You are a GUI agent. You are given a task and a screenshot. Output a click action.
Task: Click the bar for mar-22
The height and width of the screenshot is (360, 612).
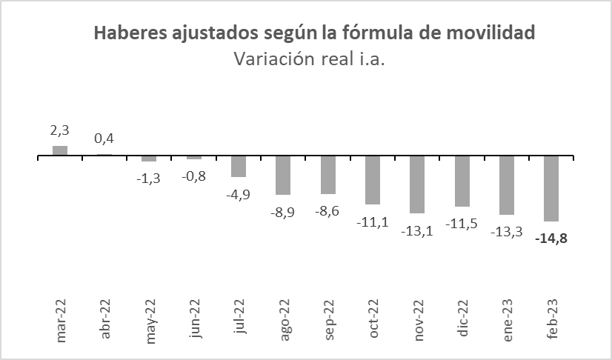(60, 151)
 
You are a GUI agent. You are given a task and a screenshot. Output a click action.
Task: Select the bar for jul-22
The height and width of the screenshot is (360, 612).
(239, 167)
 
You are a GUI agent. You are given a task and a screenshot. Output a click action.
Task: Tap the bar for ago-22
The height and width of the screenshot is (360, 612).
(283, 176)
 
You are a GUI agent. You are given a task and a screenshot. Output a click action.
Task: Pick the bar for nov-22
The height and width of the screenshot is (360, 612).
(417, 185)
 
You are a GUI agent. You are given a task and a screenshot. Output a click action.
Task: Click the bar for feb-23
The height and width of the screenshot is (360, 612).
(551, 189)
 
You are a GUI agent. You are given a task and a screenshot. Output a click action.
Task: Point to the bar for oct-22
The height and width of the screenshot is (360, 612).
(373, 181)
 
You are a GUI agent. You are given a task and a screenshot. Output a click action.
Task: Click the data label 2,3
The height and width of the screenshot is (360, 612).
(60, 130)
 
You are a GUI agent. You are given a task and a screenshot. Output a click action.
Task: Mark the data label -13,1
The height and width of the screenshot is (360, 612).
(417, 230)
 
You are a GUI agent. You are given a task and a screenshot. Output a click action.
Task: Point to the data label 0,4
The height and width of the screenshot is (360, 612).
(104, 139)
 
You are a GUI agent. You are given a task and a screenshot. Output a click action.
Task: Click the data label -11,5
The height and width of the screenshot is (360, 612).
(462, 223)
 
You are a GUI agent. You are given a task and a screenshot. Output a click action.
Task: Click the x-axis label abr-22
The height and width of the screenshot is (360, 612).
(105, 319)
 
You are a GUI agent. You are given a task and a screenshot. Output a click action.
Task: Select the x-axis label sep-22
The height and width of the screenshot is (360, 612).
(328, 319)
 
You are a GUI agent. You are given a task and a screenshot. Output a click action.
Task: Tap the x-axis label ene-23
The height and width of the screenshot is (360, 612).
(508, 319)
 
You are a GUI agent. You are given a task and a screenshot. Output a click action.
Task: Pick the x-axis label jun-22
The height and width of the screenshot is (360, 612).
(195, 319)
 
